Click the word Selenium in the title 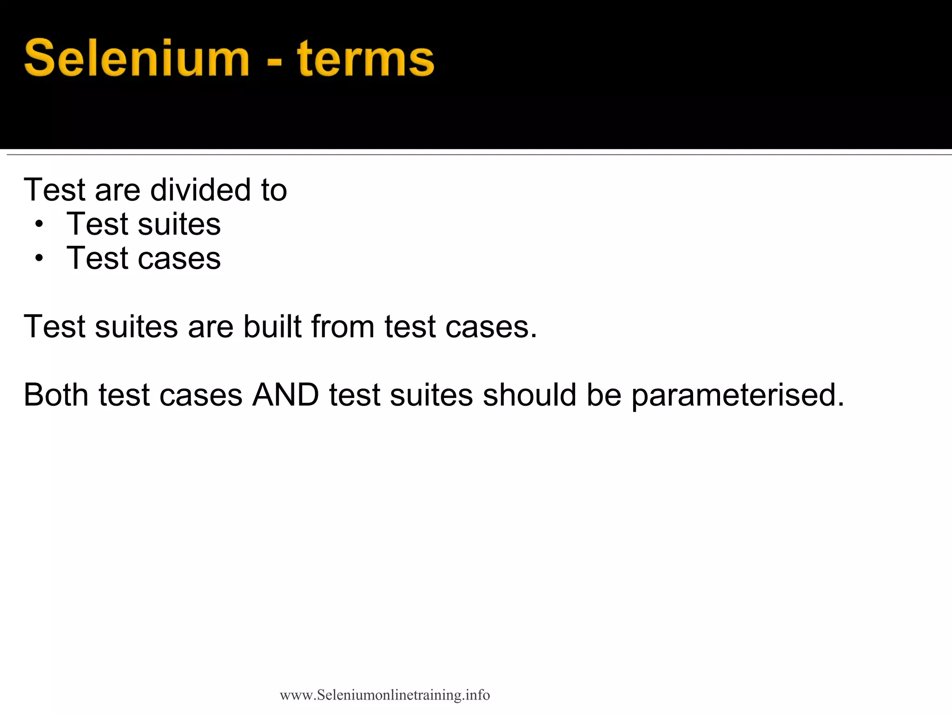[137, 59]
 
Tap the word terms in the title [365, 59]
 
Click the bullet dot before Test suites [39, 225]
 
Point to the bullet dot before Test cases [39, 258]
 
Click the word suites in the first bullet [179, 224]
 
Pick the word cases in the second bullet [179, 258]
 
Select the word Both [56, 395]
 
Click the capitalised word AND [285, 395]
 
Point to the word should [529, 395]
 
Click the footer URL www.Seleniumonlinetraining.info [385, 695]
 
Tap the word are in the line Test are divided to [117, 191]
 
